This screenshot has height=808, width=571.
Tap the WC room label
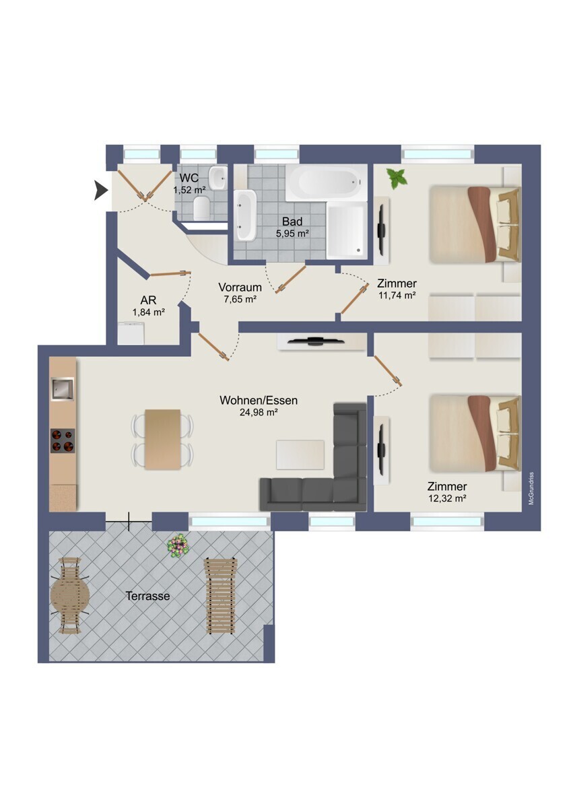189,178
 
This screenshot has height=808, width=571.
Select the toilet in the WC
201,209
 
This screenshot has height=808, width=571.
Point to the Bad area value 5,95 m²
292,234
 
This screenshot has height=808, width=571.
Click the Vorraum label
240,288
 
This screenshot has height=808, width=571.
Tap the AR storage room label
148,300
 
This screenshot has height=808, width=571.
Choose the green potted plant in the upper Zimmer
397,178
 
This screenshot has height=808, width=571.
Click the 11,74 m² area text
397,296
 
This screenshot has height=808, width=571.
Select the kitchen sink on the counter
63,389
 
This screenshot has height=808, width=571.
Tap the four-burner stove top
63,440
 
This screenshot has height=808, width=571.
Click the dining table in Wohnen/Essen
162,439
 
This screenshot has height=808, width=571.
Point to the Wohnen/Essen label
259,401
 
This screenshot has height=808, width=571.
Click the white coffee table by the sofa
300,454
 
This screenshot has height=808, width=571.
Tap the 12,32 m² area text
447,498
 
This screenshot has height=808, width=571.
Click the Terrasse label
147,595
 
